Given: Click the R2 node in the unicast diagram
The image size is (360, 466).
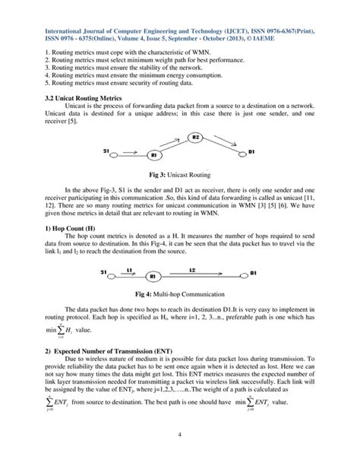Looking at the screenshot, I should coord(195,137).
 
